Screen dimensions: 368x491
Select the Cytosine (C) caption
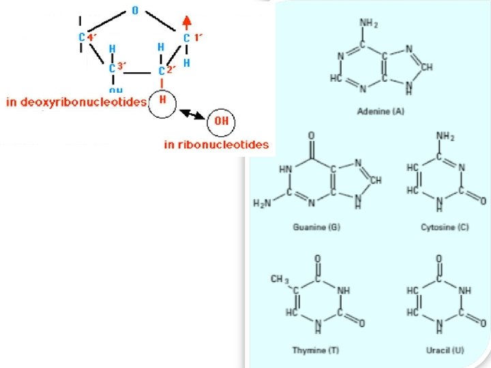point(444,226)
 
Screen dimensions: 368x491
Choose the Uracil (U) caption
point(445,350)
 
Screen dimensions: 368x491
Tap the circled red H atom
point(163,100)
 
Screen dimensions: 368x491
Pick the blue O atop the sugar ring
point(134,11)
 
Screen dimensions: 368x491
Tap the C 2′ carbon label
point(167,70)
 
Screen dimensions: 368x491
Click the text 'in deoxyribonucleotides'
point(76,102)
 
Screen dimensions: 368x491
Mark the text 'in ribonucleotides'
point(217,144)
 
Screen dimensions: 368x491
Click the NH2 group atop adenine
point(369,25)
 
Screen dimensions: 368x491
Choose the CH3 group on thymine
point(280,279)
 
